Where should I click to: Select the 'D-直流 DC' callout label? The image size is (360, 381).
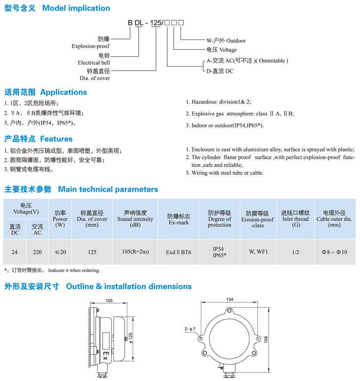point(220,71)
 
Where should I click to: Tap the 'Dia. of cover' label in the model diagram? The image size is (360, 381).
point(95,78)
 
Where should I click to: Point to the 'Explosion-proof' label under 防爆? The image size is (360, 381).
point(91,46)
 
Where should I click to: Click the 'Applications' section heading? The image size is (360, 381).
point(63,92)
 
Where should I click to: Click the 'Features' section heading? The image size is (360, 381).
point(56,139)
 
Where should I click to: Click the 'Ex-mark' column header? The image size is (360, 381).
point(179,223)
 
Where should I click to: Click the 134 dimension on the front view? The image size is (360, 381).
point(229,300)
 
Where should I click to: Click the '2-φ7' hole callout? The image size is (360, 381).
point(190,329)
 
